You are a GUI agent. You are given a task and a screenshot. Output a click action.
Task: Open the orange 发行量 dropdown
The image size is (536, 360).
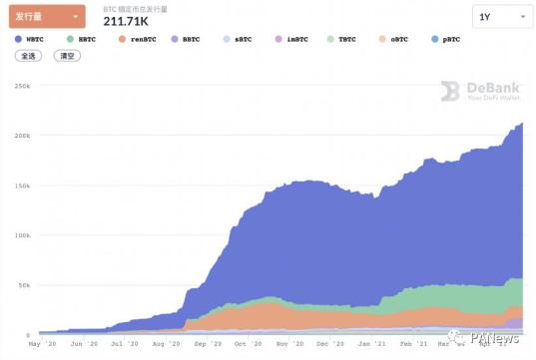point(50,16)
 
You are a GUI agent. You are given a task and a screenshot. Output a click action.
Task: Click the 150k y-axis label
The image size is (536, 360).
point(22,185)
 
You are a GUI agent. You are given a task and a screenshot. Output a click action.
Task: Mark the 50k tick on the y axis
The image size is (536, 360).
point(24,285)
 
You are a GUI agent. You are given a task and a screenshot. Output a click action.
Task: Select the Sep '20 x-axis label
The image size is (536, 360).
point(209,344)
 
